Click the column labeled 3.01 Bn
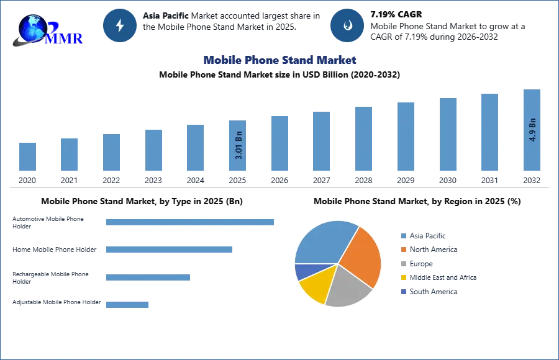pos(238,146)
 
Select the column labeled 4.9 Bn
pos(532,132)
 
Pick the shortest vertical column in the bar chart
pos(27,156)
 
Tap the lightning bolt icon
pos(120,25)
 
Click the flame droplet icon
pos(348,25)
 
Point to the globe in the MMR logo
pos(31,28)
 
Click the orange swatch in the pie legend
pos(402,250)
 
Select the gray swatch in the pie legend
pos(402,264)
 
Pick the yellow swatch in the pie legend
pos(402,278)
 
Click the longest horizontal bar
pos(191,223)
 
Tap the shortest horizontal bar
pos(127,303)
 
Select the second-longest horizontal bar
pos(168,248)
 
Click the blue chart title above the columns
pos(280,60)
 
